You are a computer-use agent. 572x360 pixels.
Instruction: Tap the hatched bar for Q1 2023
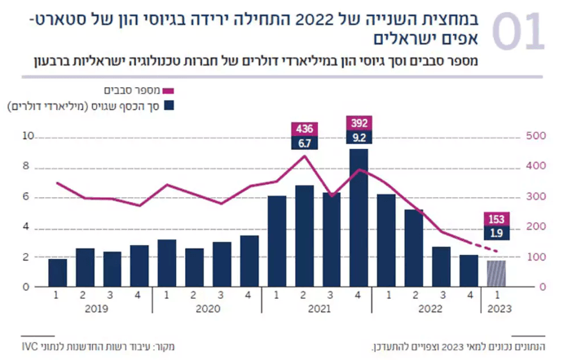tap(495, 274)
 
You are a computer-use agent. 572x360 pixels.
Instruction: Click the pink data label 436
tap(305, 129)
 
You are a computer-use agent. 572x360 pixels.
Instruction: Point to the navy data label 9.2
tap(359, 138)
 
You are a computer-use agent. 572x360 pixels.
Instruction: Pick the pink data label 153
tap(495, 218)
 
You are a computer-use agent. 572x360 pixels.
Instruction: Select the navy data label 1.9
tap(495, 234)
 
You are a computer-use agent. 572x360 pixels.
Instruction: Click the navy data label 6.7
tap(305, 143)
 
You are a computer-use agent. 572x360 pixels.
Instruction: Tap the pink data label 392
tap(359, 123)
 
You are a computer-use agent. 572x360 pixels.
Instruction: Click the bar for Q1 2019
tap(58, 273)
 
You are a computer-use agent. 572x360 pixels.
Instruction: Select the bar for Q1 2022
tap(386, 240)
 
